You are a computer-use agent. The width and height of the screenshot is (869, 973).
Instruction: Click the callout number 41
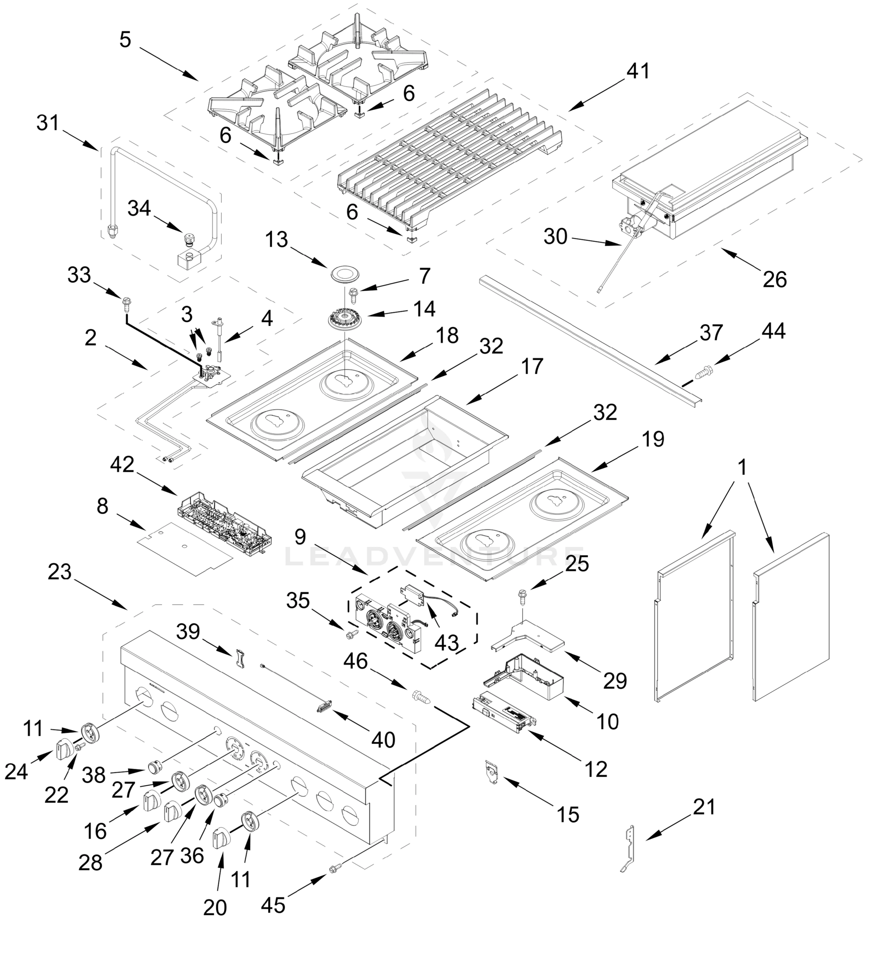639,71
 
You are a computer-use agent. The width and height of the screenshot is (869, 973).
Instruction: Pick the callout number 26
774,279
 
